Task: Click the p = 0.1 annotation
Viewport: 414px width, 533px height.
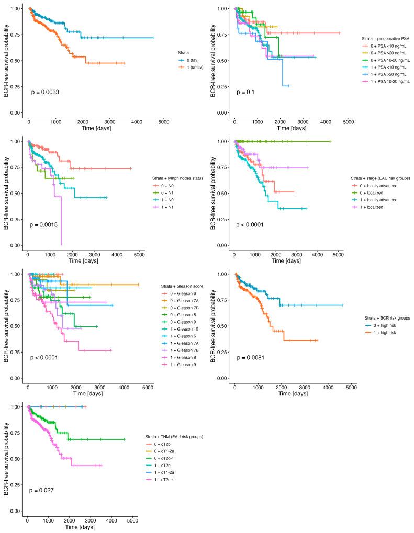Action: [x=242, y=92]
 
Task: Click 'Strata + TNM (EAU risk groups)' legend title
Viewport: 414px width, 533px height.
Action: [x=174, y=436]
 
